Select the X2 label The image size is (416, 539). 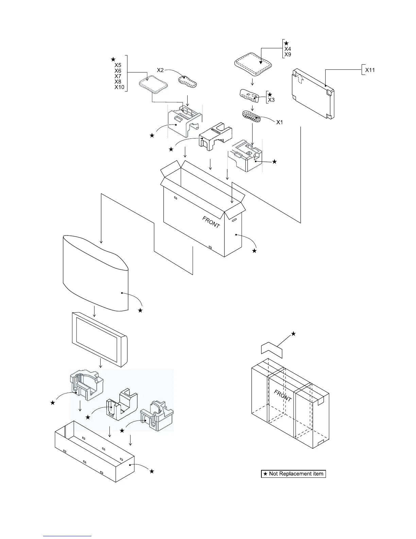(x=160, y=70)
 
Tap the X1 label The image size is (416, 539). (x=279, y=122)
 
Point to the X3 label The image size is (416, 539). (x=271, y=100)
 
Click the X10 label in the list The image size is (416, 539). (x=119, y=87)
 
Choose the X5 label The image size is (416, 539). (x=118, y=65)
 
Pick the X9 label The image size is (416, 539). (x=288, y=54)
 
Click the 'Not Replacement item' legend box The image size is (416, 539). (x=293, y=474)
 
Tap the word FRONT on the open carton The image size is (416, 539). (x=211, y=222)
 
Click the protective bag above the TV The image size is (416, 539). (x=95, y=272)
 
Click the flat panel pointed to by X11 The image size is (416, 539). (x=313, y=95)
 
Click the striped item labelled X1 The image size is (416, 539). (x=251, y=116)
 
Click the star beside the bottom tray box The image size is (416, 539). (x=152, y=471)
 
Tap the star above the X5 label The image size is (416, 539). (x=114, y=60)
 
